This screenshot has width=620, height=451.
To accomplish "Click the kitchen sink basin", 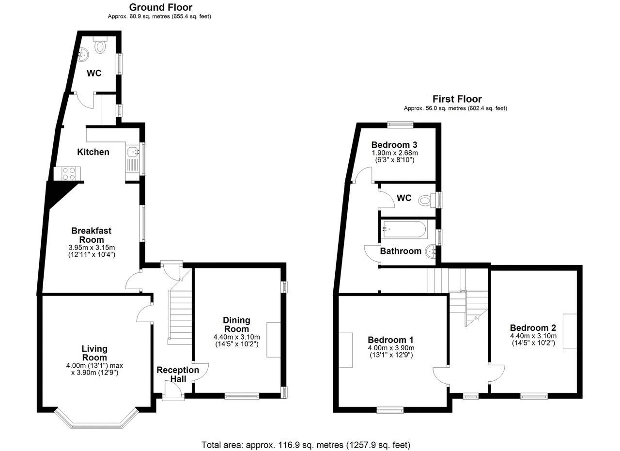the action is click(133, 152).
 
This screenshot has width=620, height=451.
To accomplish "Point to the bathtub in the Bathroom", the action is click(404, 229).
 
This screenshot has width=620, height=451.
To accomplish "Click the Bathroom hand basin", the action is click(431, 251).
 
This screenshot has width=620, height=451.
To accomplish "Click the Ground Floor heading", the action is click(161, 7).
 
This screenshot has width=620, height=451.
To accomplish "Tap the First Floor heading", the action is click(457, 99).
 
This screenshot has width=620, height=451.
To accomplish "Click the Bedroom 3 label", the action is click(394, 145).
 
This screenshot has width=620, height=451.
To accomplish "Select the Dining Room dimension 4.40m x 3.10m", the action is click(237, 337).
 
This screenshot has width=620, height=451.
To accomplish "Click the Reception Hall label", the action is click(178, 374).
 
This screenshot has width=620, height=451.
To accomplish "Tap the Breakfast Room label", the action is click(92, 235).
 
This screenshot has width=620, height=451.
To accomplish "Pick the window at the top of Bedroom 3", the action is click(400, 124).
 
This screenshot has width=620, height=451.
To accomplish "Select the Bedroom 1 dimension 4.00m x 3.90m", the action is click(391, 348).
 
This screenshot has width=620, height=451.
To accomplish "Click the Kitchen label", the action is click(93, 152).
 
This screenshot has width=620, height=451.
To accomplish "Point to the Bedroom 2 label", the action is click(533, 328).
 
